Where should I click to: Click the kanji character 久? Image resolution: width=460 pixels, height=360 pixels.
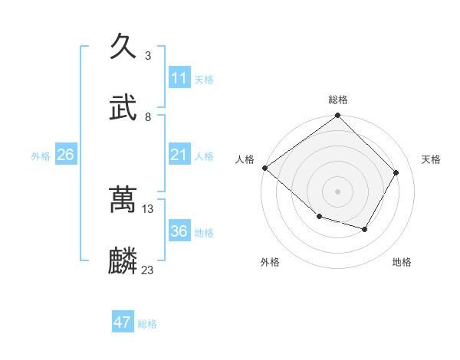[x=123, y=47]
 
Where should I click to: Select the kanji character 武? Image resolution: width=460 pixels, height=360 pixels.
[x=123, y=108]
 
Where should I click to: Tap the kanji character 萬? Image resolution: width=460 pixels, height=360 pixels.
[x=123, y=200]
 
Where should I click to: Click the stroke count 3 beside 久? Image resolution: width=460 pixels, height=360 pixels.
[x=147, y=55]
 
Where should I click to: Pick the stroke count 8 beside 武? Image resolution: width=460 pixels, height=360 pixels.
[x=147, y=116]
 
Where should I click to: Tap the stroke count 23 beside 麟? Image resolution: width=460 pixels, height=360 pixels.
[x=148, y=270]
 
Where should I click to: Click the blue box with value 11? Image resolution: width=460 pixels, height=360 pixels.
[x=179, y=78]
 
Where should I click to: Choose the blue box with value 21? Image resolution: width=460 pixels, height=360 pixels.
[x=179, y=155]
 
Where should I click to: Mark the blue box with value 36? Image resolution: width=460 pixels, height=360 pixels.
[x=179, y=232]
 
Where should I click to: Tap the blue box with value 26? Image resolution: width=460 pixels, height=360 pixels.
[x=65, y=155]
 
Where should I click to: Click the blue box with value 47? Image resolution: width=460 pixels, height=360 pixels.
[x=123, y=322]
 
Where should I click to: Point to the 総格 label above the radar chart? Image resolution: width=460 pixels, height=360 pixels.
[x=338, y=100]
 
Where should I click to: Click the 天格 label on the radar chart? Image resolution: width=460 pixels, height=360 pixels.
[x=431, y=159]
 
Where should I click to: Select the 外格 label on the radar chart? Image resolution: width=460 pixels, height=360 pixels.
[x=270, y=262]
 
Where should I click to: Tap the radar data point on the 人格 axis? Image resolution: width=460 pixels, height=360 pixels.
[x=264, y=168]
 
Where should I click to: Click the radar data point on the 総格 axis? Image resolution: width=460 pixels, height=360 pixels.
[x=338, y=116]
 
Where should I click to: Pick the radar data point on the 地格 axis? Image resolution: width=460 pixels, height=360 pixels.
[x=365, y=229]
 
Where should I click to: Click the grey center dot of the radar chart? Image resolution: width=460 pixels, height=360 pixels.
[x=338, y=191]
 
